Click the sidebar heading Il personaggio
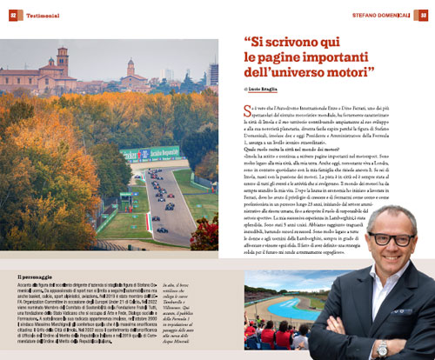38,277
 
